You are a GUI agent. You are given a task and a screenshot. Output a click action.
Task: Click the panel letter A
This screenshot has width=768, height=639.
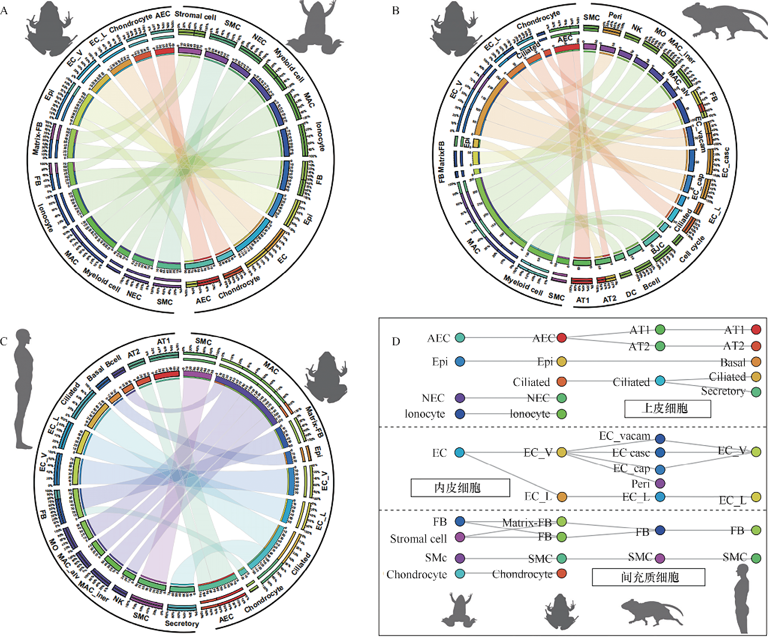pyautogui.click(x=4, y=10)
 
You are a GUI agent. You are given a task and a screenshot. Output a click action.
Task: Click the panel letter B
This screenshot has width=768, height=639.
pyautogui.click(x=396, y=10)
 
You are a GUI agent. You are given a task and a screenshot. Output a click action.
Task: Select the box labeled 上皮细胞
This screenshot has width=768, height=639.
pyautogui.click(x=667, y=408)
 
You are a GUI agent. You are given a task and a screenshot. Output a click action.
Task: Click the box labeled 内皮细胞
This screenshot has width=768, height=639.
pyautogui.click(x=460, y=487)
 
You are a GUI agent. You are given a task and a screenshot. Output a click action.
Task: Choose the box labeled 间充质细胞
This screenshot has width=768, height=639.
pyautogui.click(x=648, y=577)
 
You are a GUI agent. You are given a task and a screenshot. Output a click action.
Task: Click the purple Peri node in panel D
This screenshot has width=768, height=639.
pyautogui.click(x=660, y=483)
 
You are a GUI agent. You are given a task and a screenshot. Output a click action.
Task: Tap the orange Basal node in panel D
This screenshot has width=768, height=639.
pyautogui.click(x=756, y=362)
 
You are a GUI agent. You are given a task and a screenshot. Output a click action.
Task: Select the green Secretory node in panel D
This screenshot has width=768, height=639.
pyautogui.click(x=756, y=392)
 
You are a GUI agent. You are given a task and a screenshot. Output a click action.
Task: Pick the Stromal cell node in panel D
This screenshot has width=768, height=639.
pyautogui.click(x=460, y=537)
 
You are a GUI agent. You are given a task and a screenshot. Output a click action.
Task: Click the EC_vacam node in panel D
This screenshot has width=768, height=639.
pyautogui.click(x=660, y=438)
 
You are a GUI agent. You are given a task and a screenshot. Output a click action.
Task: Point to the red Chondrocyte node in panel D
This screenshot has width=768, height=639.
pyautogui.click(x=562, y=573)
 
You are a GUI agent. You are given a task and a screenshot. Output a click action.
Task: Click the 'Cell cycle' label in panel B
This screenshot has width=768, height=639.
pyautogui.click(x=692, y=249)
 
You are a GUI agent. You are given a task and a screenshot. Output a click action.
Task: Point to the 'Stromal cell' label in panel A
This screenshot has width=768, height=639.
pyautogui.click(x=195, y=16)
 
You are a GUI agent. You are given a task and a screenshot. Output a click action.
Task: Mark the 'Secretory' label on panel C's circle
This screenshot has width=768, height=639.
pyautogui.click(x=182, y=623)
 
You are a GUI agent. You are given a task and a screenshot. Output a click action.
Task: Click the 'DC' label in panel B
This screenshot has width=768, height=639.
pyautogui.click(x=631, y=293)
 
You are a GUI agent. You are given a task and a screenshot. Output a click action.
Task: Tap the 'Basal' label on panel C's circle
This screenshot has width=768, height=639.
pyautogui.click(x=95, y=373)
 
